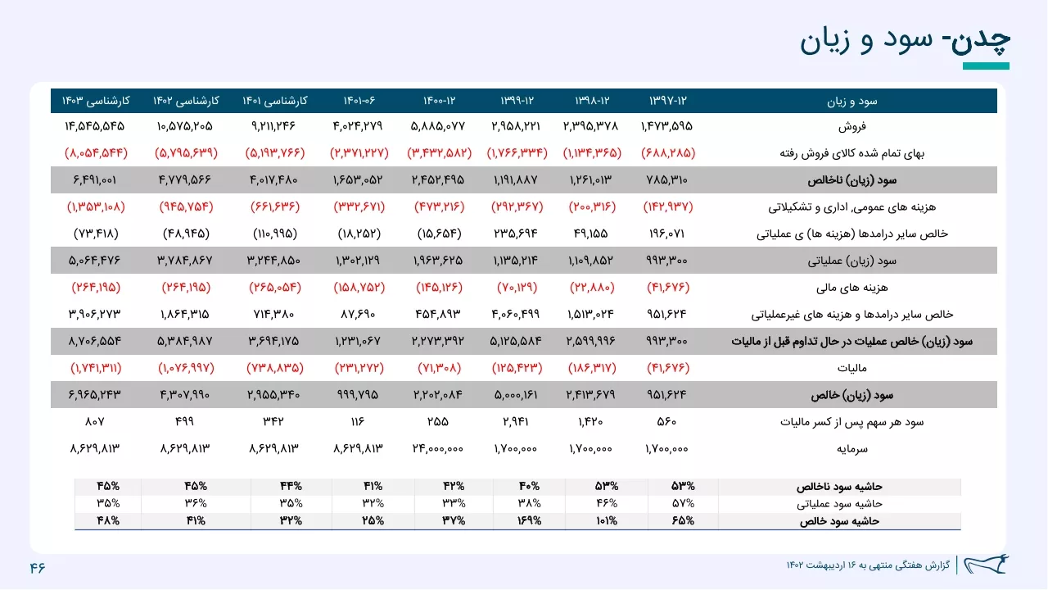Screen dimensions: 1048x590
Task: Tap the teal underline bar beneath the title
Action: click(986, 66)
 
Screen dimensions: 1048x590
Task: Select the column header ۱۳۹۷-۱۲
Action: click(667, 101)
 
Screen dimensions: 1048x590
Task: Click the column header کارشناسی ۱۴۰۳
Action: click(96, 101)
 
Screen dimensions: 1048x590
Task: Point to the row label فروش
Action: click(852, 126)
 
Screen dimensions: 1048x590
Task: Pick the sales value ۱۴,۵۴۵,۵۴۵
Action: click(94, 126)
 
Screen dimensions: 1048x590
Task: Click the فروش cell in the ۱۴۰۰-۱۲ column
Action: click(438, 126)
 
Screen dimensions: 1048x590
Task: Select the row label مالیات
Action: click(852, 368)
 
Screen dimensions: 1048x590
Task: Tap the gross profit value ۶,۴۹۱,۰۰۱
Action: click(94, 179)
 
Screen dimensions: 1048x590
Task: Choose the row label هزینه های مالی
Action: click(852, 288)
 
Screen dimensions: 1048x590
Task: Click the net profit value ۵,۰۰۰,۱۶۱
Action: click(516, 395)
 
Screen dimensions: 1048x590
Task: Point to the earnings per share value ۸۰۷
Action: click(94, 422)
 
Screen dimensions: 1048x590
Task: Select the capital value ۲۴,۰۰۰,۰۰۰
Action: click(438, 448)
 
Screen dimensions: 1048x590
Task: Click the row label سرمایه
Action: click(852, 449)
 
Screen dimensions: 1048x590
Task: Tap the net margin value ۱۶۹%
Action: click(529, 520)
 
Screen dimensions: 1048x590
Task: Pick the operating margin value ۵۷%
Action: click(683, 503)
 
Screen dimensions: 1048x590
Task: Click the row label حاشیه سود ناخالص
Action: click(839, 487)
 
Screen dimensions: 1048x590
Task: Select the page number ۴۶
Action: click(38, 568)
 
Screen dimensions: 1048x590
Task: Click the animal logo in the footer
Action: click(986, 565)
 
